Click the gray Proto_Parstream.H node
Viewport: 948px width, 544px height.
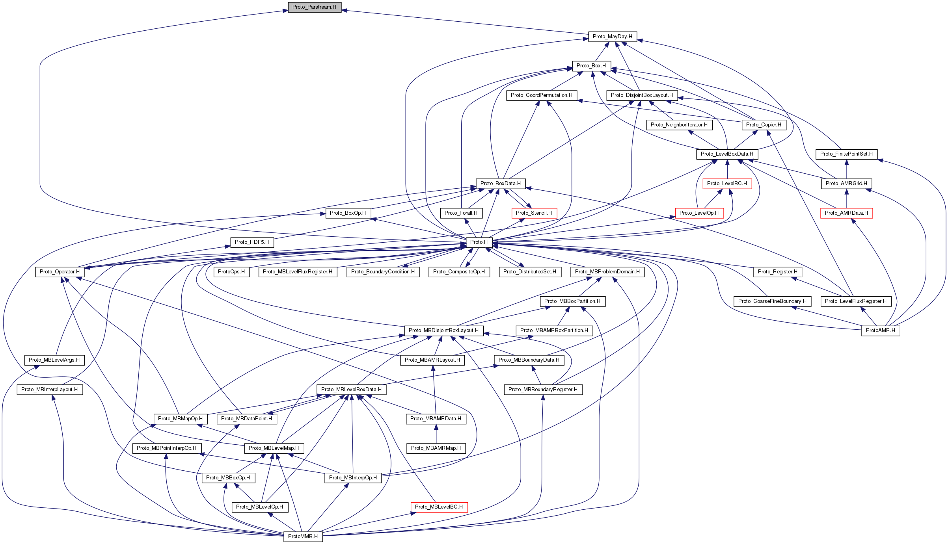[314, 7]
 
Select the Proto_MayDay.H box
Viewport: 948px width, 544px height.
[612, 37]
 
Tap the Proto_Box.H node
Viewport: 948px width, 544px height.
[591, 66]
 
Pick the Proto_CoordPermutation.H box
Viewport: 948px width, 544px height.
[541, 95]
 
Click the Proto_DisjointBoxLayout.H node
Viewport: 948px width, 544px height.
[642, 95]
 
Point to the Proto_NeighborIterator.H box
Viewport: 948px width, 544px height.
[679, 125]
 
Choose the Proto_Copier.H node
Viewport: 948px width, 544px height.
[764, 125]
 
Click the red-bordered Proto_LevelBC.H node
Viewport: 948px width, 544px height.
[727, 184]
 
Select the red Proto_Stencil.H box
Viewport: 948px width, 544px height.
[534, 213]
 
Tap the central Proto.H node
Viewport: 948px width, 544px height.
[479, 242]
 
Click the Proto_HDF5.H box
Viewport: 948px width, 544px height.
[251, 242]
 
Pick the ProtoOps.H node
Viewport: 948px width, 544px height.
[231, 272]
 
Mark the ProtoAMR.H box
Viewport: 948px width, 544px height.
[880, 330]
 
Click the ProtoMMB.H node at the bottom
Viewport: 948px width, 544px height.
[303, 537]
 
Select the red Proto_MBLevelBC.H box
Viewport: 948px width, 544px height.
[439, 507]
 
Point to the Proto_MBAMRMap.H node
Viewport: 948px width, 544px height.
[436, 448]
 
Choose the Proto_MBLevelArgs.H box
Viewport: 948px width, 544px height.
[54, 360]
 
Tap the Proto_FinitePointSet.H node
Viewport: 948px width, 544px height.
[846, 154]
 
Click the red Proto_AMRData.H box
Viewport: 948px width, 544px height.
[846, 213]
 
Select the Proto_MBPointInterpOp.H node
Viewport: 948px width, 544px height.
[167, 448]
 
